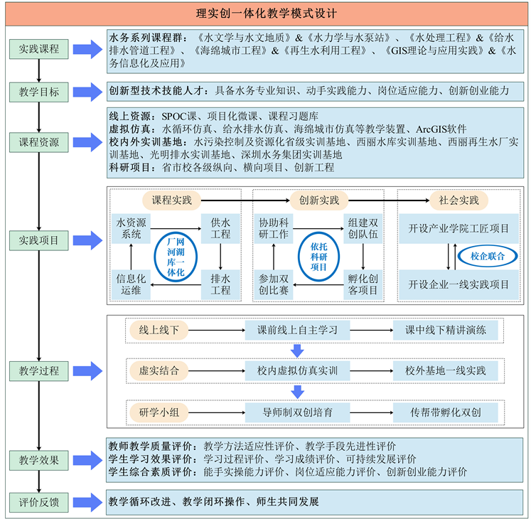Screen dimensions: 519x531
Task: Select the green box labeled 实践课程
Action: (x=40, y=49)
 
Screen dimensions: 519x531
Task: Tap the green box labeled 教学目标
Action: (x=40, y=91)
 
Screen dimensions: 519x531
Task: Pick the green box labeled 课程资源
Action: (x=40, y=141)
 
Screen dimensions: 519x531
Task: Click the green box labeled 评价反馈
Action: (x=40, y=502)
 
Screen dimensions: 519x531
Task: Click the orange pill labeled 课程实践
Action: (x=172, y=200)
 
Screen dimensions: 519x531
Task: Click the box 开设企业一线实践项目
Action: (x=458, y=284)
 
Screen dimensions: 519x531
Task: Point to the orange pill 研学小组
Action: (x=159, y=412)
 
